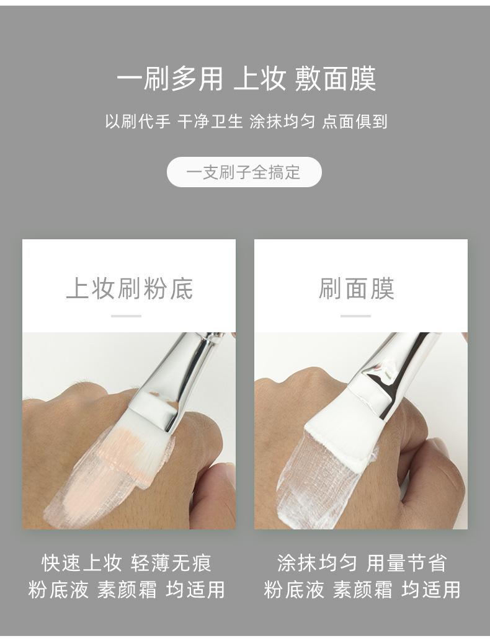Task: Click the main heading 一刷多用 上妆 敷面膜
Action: (x=246, y=80)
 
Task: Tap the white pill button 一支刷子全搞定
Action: (x=244, y=172)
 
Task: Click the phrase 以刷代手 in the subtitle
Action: (x=137, y=122)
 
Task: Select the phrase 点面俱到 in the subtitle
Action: (x=355, y=122)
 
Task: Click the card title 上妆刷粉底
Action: (x=129, y=289)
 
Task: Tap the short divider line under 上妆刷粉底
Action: (x=126, y=316)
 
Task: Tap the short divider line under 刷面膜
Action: (x=355, y=316)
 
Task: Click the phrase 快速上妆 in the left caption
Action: (x=81, y=563)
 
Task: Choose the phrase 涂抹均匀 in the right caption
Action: (x=317, y=563)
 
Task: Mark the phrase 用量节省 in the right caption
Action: (x=406, y=563)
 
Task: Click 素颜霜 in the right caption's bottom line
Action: (x=362, y=590)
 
